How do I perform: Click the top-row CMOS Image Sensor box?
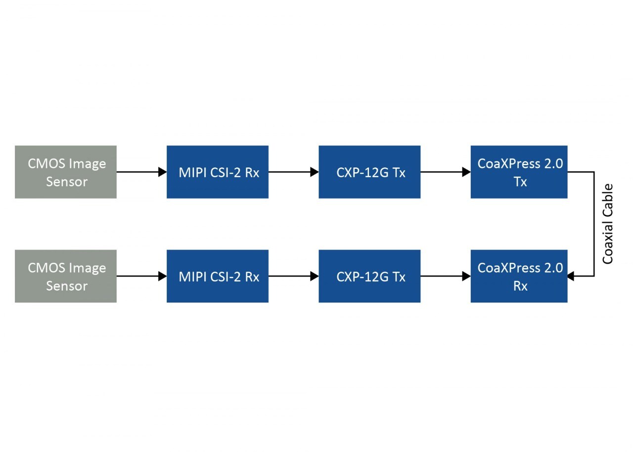click(66, 172)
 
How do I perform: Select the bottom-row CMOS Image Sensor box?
click(66, 276)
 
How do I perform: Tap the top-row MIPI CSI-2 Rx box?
click(218, 172)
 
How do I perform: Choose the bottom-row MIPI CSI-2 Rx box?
click(218, 276)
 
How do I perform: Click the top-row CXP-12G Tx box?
click(369, 172)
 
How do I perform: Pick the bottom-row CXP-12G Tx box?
click(369, 276)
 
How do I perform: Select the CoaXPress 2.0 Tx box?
click(519, 172)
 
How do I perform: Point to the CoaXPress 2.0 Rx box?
click(519, 276)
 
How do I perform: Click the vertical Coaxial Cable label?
click(608, 224)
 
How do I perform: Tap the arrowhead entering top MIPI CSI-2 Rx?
click(162, 172)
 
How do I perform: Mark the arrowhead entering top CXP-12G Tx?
click(314, 172)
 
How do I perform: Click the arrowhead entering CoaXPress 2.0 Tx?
click(466, 172)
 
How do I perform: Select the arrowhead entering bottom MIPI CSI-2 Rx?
click(162, 276)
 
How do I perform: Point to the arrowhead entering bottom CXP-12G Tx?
click(314, 276)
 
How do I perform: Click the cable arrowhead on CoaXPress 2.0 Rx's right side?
click(571, 276)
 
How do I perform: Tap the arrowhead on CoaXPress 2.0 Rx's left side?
click(466, 276)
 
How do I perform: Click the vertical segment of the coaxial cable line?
click(593, 224)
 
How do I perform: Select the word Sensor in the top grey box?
click(67, 182)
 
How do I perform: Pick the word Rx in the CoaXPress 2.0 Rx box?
click(520, 286)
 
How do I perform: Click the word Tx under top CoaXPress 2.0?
click(520, 182)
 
